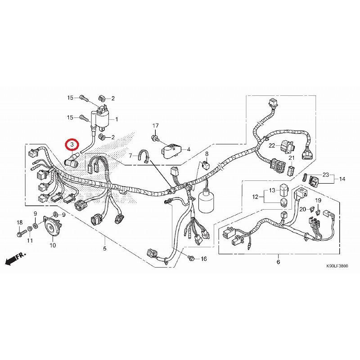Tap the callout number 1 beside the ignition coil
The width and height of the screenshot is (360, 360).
point(117,119)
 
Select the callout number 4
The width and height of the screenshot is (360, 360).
point(189,149)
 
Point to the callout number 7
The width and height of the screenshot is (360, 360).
point(131,156)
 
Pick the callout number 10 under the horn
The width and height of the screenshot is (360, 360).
point(53,245)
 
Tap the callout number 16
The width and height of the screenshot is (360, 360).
point(203,259)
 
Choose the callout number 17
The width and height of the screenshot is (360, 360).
point(155,125)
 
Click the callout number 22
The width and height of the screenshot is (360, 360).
point(272,145)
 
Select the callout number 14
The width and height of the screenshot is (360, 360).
point(342,179)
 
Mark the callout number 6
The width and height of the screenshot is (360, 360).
point(278,261)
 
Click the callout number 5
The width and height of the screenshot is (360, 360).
point(105,248)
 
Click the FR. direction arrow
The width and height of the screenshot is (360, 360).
point(15,259)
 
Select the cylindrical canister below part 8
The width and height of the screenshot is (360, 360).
point(205,202)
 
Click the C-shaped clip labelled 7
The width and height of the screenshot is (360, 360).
point(146,157)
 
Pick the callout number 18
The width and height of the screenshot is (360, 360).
point(20,223)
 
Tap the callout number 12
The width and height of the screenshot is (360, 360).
point(255,196)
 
